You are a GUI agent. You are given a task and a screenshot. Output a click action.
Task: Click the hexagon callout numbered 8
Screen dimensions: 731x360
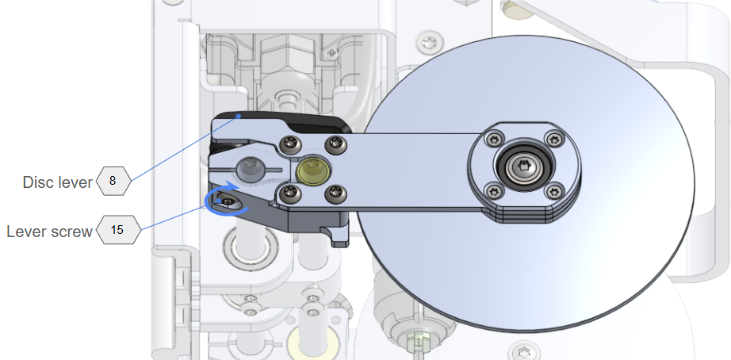point(113,181)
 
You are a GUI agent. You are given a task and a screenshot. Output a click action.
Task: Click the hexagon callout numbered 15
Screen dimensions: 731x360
point(118,229)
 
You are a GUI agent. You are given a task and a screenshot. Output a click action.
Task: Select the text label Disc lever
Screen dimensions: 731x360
point(58,182)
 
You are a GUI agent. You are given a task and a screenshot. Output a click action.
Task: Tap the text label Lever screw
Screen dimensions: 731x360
point(49,232)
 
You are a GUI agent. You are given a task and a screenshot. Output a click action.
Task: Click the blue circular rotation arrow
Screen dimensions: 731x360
point(223,199)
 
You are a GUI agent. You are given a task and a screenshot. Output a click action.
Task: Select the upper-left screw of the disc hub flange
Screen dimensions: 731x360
point(494,139)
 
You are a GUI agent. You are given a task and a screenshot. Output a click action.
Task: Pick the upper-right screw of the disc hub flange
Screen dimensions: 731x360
point(555,138)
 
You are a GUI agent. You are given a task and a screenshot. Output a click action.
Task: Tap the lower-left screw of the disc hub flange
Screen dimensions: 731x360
point(494,191)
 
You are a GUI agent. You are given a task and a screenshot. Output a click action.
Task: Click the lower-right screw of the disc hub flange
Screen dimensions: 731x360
point(555,191)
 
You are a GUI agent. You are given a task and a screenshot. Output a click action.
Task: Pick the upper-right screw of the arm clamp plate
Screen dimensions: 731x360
point(335,144)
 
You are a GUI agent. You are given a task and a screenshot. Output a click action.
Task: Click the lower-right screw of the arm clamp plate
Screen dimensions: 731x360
point(335,192)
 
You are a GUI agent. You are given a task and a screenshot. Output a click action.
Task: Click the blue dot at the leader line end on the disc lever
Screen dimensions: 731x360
point(239,116)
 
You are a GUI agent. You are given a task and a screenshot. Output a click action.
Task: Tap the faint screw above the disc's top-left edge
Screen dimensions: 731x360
point(427,43)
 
